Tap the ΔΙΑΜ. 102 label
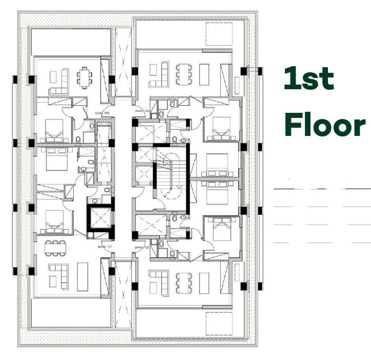pyautogui.click(x=142, y=247)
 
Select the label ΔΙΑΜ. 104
pyautogui.click(x=142, y=111)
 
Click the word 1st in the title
pyautogui.click(x=309, y=79)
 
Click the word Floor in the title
pyautogui.click(x=325, y=125)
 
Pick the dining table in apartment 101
pyautogui.click(x=55, y=247)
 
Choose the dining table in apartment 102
pyautogui.click(x=182, y=281)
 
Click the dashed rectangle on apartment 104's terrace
pyautogui.click(x=219, y=35)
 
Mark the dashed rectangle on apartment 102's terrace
pyautogui.click(x=219, y=324)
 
